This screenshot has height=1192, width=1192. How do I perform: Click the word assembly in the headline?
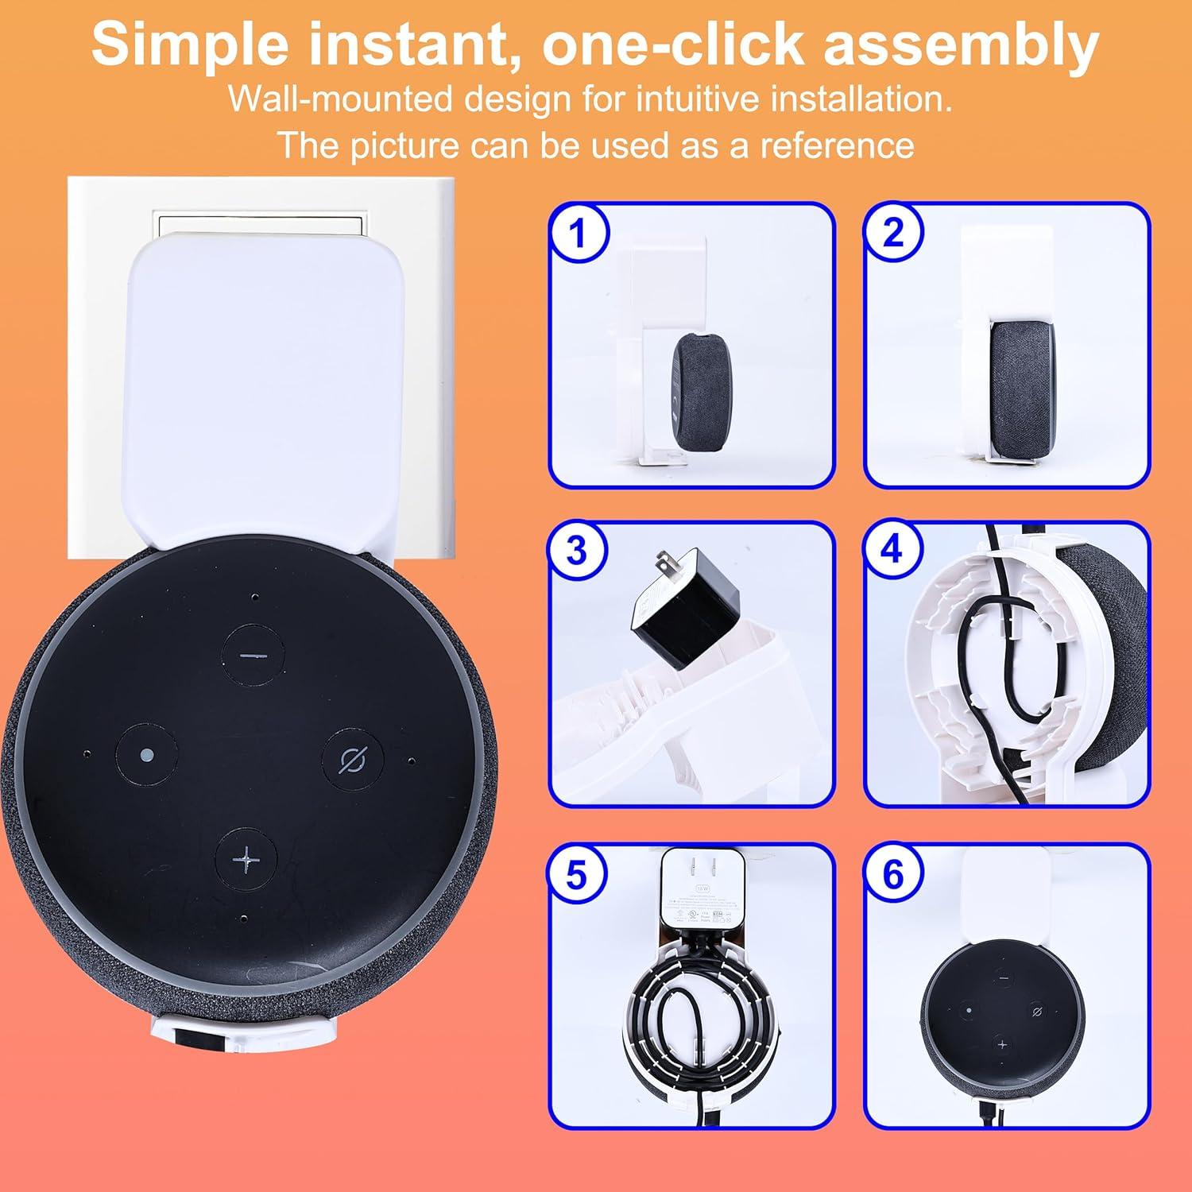pos(961,45)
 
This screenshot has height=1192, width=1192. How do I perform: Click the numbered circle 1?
pos(578,234)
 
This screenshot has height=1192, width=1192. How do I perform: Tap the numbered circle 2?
pos(894,234)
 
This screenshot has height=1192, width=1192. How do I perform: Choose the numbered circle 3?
pos(578,551)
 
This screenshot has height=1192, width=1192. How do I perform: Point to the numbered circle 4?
pos(894,551)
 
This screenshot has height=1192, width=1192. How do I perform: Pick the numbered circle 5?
pos(578,875)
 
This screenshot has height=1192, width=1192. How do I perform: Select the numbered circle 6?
pos(894,875)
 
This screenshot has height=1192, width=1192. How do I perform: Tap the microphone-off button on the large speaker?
pos(351,758)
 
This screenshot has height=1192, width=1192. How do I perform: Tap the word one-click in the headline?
pos(674,45)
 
